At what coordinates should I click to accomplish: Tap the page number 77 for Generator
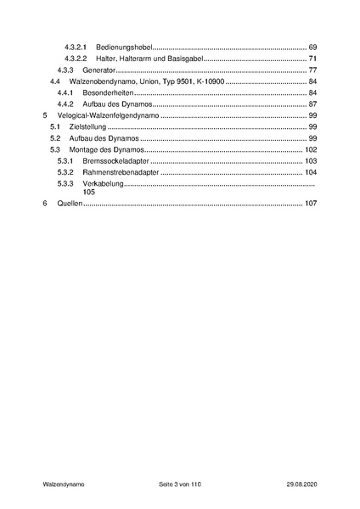tap(312, 70)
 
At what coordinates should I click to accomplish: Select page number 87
tap(312, 103)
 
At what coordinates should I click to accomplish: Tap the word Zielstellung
tap(87, 126)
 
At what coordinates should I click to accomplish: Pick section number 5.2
tap(54, 138)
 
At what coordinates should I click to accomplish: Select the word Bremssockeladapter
tap(115, 161)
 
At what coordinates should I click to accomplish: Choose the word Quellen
tap(69, 204)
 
